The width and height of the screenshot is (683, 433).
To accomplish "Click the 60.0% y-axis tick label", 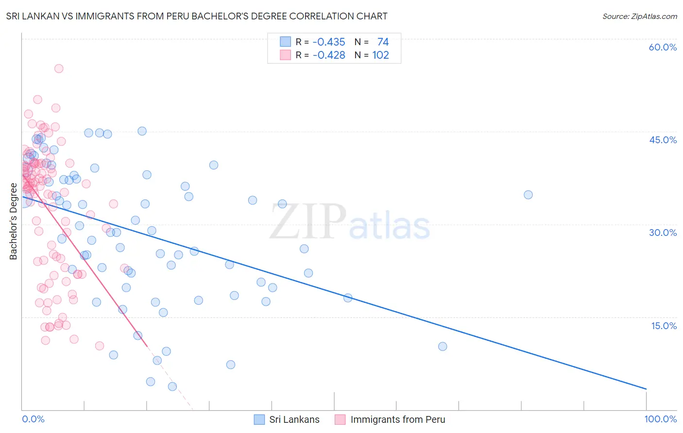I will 663,47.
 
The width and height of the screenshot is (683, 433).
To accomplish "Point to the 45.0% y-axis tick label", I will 663,140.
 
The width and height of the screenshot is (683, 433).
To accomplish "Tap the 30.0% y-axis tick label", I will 663,233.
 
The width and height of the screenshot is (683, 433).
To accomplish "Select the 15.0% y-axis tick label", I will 664,326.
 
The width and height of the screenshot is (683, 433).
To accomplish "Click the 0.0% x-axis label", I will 33,419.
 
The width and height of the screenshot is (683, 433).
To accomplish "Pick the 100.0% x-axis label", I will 660,419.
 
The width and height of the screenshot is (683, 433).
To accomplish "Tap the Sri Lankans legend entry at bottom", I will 294,419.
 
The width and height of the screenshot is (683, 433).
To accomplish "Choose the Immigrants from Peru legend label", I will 397,419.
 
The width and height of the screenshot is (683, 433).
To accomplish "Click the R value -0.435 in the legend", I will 329,42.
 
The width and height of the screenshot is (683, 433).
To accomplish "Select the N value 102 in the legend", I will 380,55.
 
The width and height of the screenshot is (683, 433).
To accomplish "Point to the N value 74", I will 383,42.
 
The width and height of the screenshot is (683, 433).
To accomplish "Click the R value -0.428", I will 329,55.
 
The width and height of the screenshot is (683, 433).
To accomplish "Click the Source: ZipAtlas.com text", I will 639,16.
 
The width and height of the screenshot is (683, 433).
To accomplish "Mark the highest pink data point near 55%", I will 59,68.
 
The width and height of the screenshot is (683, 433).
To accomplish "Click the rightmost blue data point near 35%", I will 528,195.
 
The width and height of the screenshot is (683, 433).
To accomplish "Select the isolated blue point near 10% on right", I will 443,347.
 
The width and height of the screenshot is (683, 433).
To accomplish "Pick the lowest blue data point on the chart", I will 172,386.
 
